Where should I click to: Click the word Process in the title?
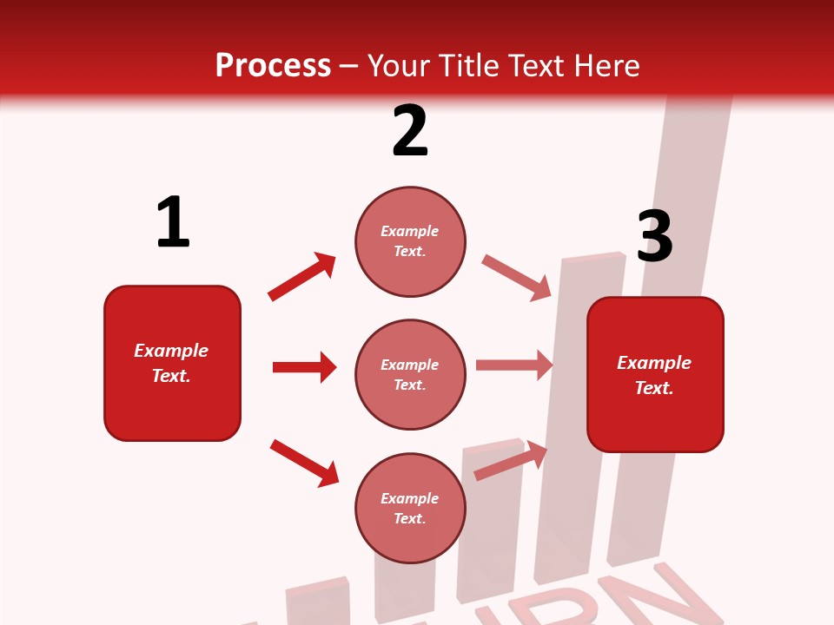pyautogui.click(x=273, y=66)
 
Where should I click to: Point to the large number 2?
pyautogui.click(x=410, y=132)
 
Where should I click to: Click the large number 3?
pyautogui.click(x=654, y=237)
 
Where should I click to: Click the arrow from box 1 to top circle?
pyautogui.click(x=302, y=277)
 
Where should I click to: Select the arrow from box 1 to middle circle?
pyautogui.click(x=304, y=367)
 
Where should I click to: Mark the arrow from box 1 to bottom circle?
pyautogui.click(x=304, y=463)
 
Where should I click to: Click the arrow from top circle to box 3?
pyautogui.click(x=517, y=278)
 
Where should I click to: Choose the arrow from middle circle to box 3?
pyautogui.click(x=514, y=365)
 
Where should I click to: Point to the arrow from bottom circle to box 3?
pyautogui.click(x=511, y=460)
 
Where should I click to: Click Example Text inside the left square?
pyautogui.click(x=171, y=363)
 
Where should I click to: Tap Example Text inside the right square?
pyautogui.click(x=654, y=375)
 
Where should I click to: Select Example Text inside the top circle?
pyautogui.click(x=410, y=241)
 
